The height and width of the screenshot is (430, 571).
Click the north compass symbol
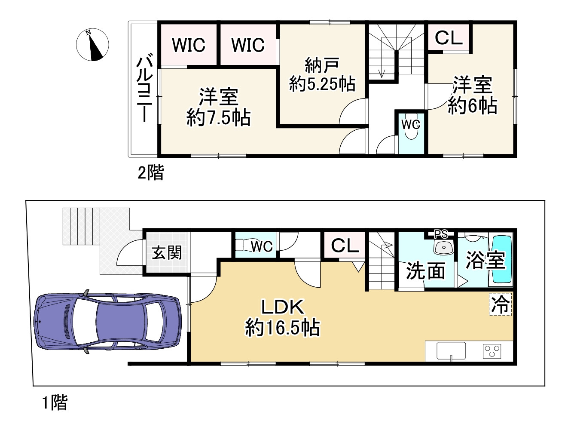point(92,45)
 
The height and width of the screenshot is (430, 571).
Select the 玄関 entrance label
point(167,253)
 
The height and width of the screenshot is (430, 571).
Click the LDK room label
point(283,307)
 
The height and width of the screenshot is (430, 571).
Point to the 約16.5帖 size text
point(282,328)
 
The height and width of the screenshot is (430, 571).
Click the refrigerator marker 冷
point(501,304)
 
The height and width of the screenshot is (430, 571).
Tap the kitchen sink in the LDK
point(451,351)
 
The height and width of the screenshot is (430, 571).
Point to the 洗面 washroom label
point(425,271)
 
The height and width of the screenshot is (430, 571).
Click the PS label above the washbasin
point(441,234)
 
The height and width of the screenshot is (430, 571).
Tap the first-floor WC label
point(262,246)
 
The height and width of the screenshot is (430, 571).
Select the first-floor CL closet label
point(345,246)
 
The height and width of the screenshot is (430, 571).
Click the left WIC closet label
point(189,45)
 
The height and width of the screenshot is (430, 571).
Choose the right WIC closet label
point(248,45)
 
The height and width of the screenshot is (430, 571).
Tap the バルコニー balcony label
point(144,88)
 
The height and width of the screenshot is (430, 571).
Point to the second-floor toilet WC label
point(411,124)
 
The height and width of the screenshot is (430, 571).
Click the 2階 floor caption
point(150,173)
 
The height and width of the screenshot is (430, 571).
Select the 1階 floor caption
point(55,403)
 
